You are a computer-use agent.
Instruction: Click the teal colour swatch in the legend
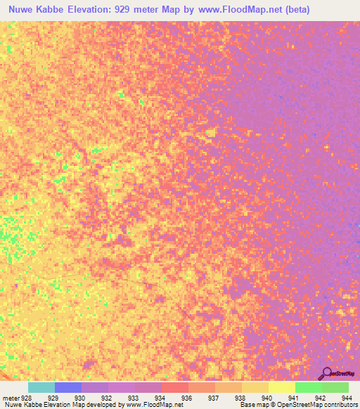(x=41, y=387)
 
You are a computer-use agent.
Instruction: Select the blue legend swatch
(x=68, y=387)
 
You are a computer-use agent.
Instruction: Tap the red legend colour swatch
(x=175, y=387)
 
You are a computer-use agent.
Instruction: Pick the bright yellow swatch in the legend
(x=282, y=387)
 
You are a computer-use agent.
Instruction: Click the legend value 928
(x=25, y=397)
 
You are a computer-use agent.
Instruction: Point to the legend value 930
(x=79, y=397)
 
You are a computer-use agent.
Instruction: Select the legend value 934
(x=159, y=397)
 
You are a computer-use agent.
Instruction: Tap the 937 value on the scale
(x=212, y=397)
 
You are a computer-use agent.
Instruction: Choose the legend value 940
(x=266, y=397)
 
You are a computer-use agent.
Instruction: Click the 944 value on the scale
(x=345, y=397)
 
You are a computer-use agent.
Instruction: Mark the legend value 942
(x=319, y=397)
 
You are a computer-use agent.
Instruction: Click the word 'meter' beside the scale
(x=9, y=397)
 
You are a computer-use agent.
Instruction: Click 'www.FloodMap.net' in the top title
(x=231, y=10)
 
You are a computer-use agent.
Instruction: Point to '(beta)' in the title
(x=293, y=10)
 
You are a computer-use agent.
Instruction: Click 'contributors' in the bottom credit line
(x=340, y=405)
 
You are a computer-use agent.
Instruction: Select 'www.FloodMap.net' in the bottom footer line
(x=152, y=405)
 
